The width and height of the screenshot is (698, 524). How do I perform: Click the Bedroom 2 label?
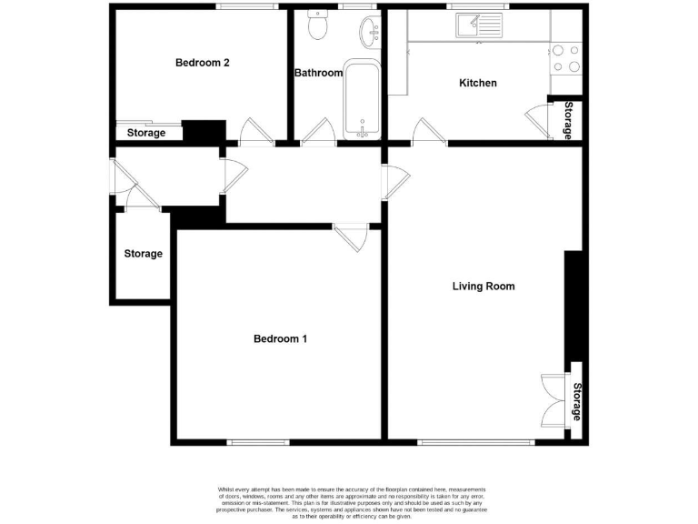click(x=202, y=63)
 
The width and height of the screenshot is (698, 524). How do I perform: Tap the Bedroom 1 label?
click(x=280, y=339)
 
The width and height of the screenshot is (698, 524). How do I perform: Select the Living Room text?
click(x=484, y=287)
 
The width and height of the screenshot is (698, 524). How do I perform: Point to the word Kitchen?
click(x=477, y=84)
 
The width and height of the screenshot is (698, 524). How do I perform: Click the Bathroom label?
click(x=318, y=73)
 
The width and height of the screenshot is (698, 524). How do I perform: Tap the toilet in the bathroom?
click(x=317, y=27)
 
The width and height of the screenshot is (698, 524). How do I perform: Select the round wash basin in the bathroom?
click(x=368, y=34)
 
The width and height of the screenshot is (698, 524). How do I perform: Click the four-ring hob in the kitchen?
click(x=566, y=58)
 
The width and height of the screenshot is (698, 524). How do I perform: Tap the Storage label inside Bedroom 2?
click(x=146, y=134)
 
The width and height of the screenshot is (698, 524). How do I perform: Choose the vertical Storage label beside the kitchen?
click(x=568, y=120)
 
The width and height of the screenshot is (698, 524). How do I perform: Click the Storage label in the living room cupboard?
click(x=576, y=402)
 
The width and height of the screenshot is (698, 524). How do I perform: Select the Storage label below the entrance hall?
click(x=144, y=254)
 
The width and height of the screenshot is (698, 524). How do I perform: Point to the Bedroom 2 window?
click(x=246, y=7)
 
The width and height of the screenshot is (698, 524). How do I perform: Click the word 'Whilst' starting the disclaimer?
click(x=227, y=489)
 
